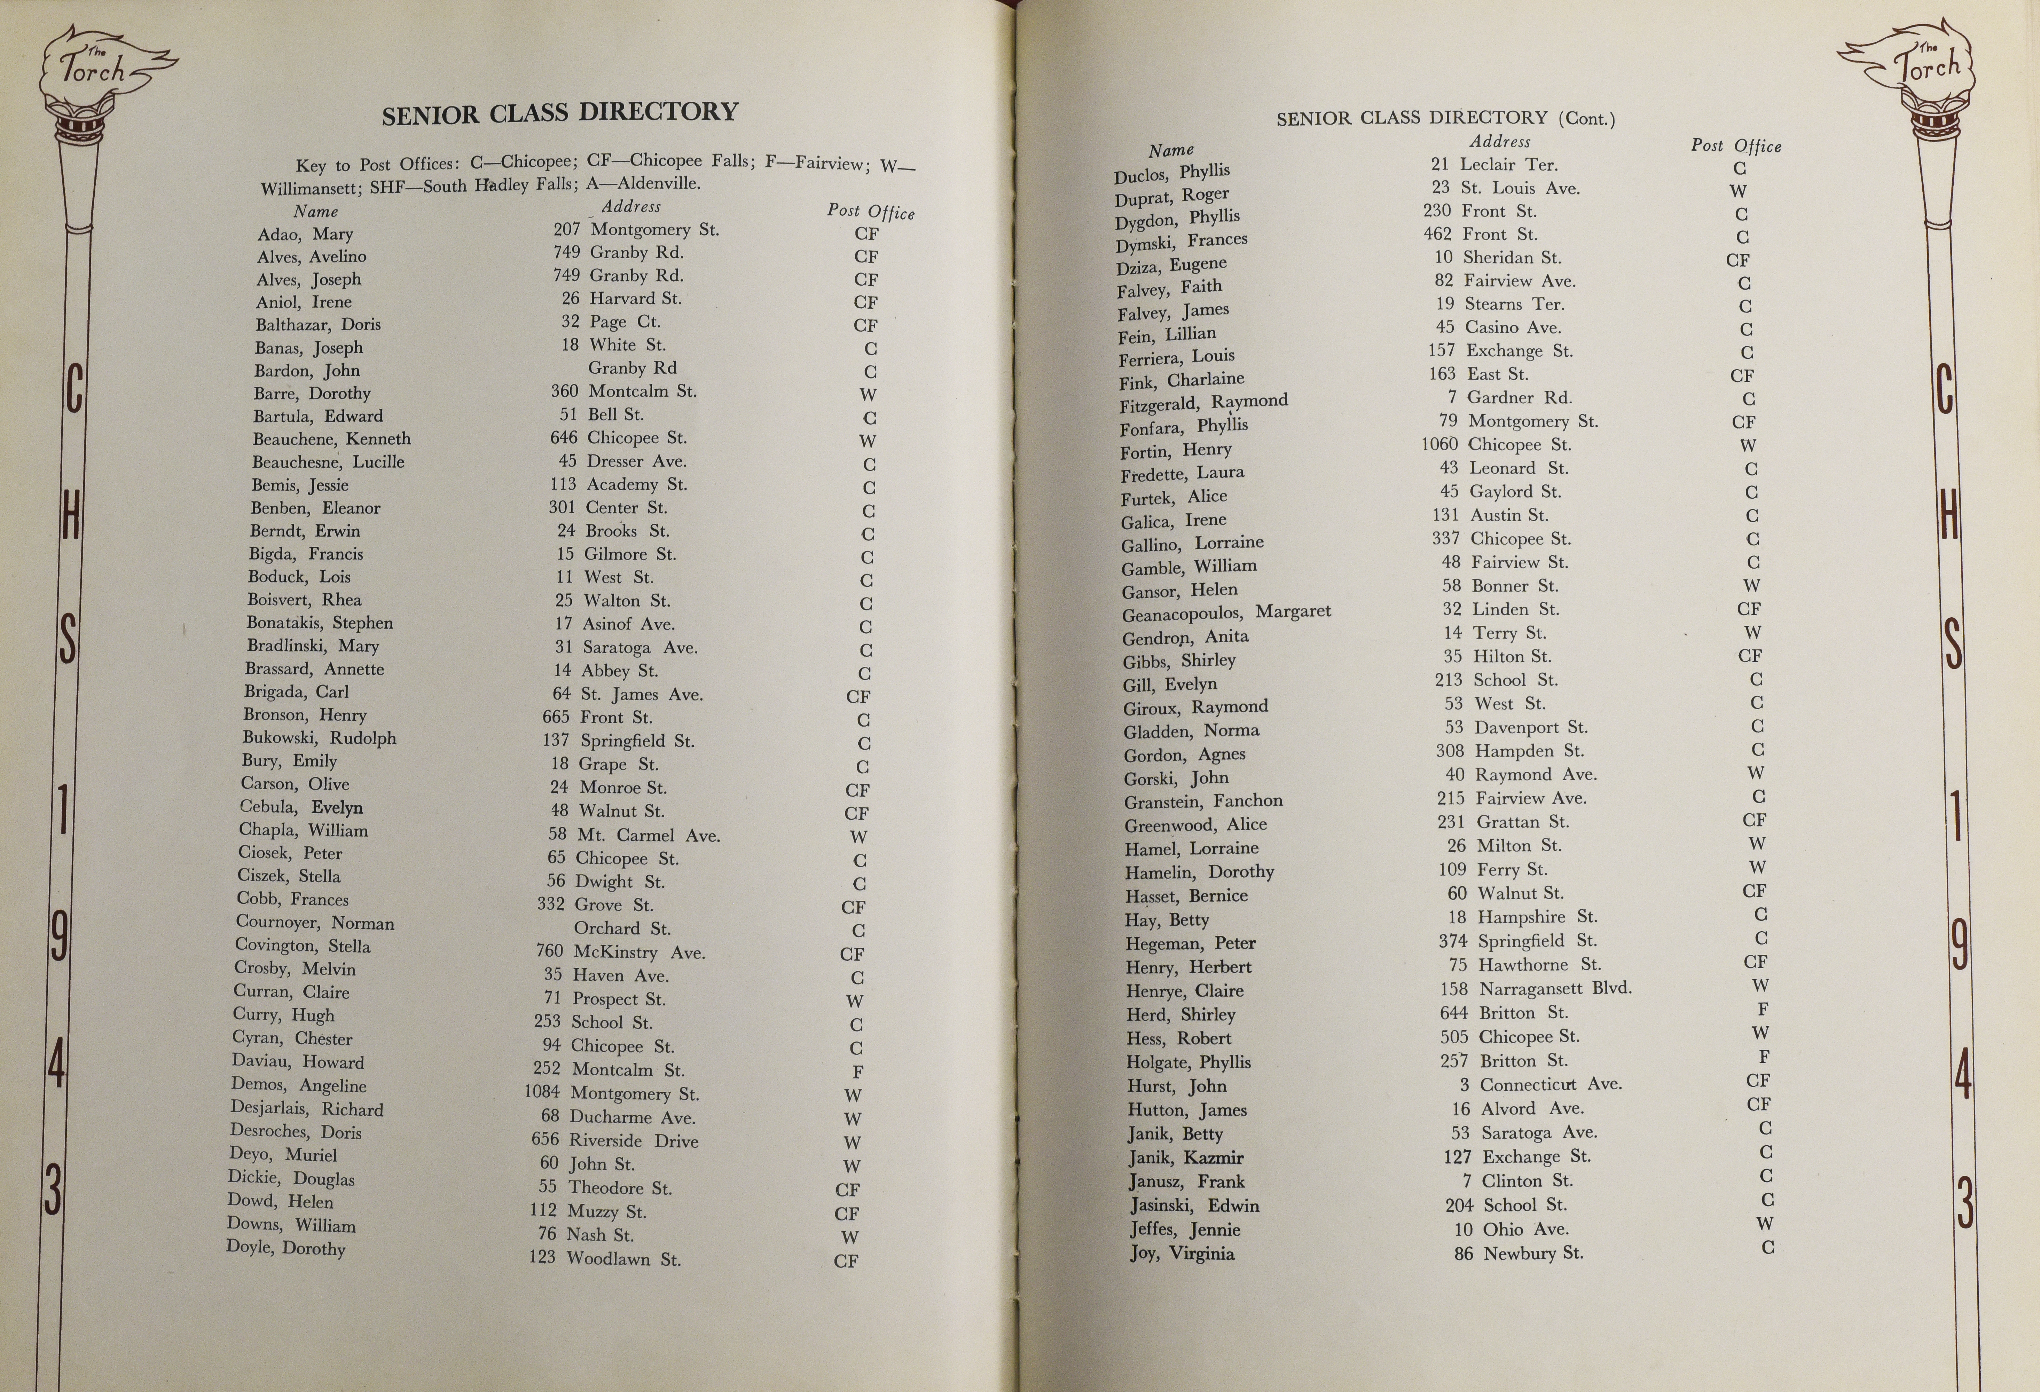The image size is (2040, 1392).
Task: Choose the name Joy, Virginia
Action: pos(1182,1253)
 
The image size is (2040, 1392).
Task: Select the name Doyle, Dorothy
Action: pos(285,1247)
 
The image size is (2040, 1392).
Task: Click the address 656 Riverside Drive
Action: pos(614,1140)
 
